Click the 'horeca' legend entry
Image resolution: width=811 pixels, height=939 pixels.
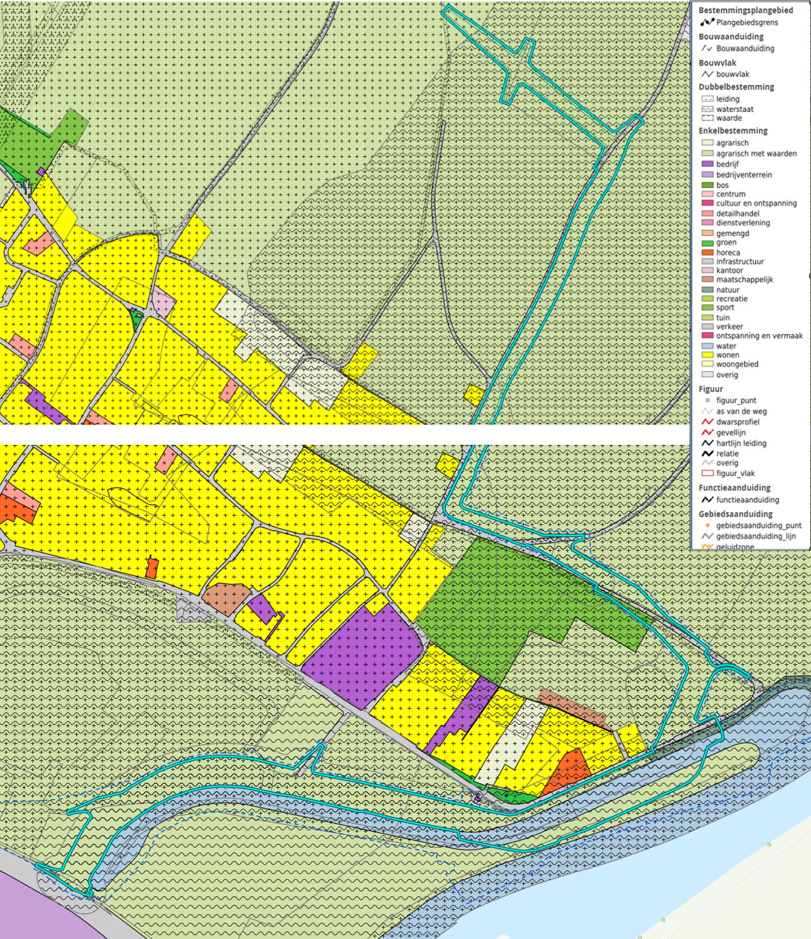coord(728,253)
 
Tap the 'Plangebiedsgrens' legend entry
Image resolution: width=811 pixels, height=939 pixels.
coord(747,22)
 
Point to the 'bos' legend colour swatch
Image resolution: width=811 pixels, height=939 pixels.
coord(707,185)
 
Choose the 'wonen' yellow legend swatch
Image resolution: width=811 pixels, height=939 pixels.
coord(707,355)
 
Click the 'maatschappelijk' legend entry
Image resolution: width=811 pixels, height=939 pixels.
coord(744,279)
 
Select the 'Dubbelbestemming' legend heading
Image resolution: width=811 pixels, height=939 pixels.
coord(736,87)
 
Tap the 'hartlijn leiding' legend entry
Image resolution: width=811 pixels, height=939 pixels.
coord(741,443)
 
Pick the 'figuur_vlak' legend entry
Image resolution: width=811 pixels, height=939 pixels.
coord(735,473)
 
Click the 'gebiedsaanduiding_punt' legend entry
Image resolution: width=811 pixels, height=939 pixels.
coord(758,525)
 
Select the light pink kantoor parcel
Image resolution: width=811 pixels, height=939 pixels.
coord(162,301)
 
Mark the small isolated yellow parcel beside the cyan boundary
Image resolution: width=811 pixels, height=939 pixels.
coord(474,395)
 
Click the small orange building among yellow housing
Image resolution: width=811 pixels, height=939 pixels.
coord(152,568)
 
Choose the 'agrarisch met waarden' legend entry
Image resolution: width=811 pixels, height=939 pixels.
coord(756,153)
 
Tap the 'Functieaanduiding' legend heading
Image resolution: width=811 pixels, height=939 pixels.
coord(734,488)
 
